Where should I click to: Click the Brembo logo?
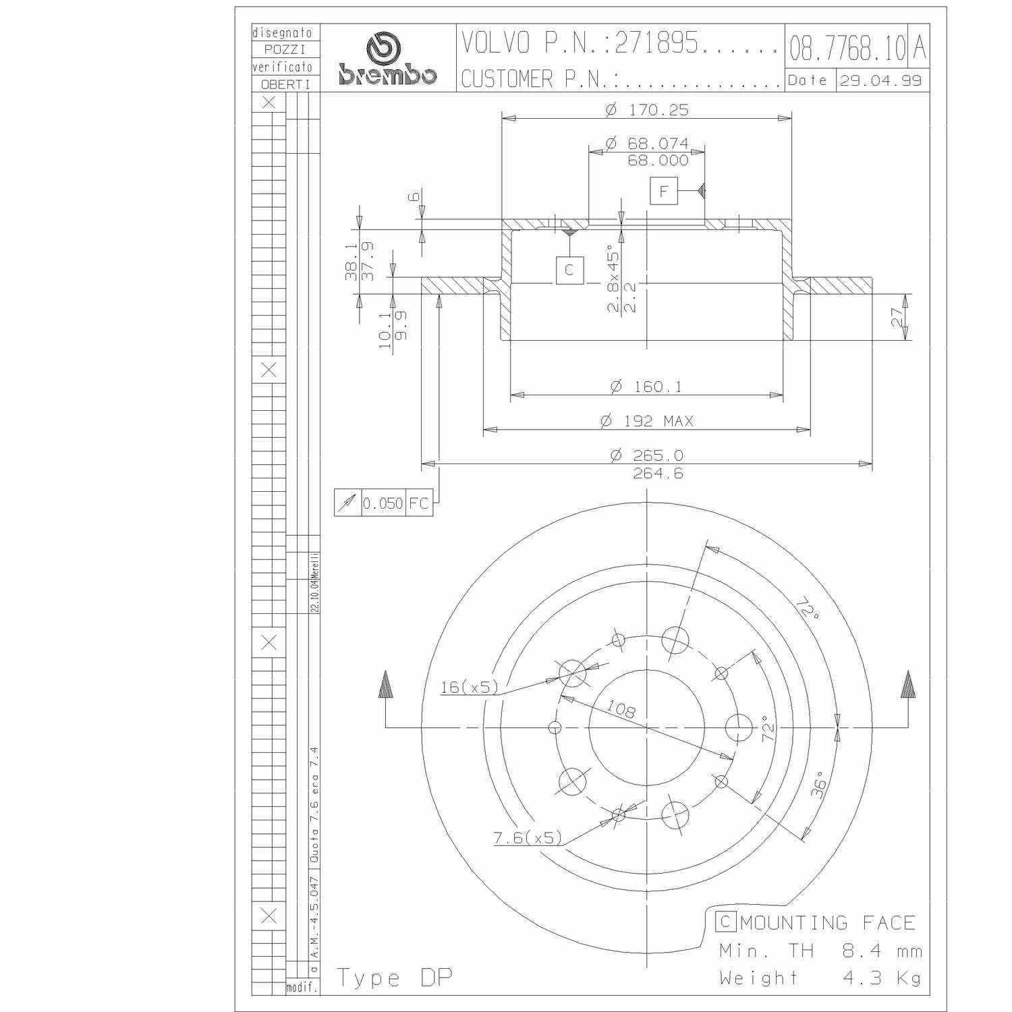point(387,60)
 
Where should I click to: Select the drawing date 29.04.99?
point(880,80)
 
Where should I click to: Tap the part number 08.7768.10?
point(847,48)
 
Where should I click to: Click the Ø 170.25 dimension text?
point(647,109)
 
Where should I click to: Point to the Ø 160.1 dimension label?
point(646,387)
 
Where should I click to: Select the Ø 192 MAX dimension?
point(647,421)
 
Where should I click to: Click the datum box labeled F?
point(664,191)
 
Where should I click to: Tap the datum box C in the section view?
point(569,270)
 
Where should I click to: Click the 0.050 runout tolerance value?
point(383,503)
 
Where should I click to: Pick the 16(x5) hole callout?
point(469,687)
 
